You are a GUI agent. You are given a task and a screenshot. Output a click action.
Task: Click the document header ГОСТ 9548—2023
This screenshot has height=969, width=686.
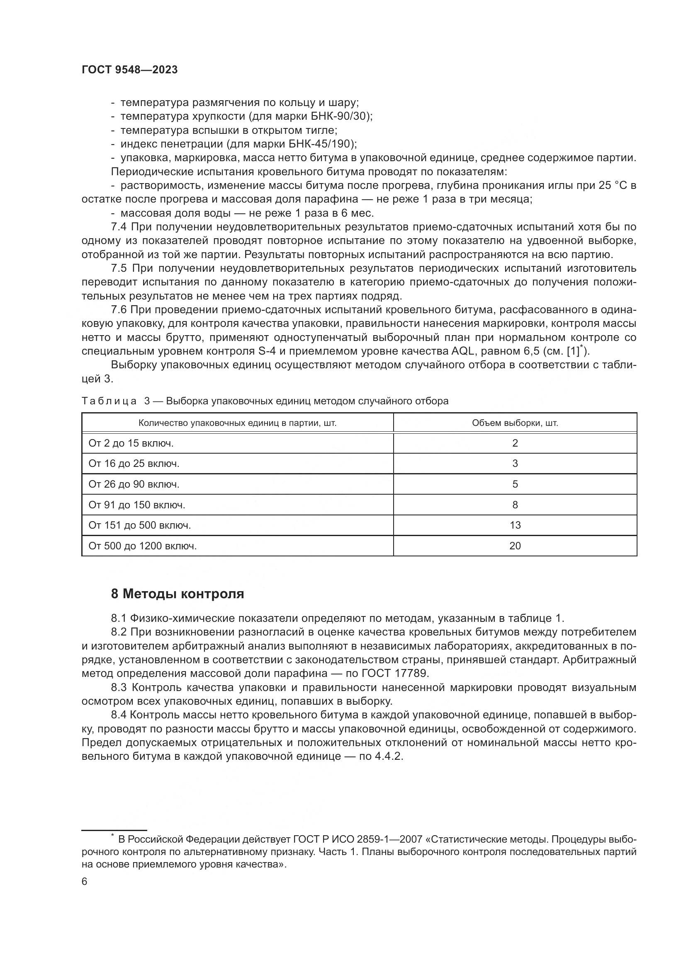129,70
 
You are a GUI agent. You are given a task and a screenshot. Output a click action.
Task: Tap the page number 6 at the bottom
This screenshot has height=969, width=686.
85,882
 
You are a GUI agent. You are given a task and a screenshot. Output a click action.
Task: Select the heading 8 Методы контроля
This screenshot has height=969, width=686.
178,594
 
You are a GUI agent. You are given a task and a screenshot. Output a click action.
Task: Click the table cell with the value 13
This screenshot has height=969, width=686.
515,525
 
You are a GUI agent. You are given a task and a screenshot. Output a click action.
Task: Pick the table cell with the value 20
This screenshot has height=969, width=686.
515,546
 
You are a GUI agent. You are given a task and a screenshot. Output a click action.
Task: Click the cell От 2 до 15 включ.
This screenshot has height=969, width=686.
131,444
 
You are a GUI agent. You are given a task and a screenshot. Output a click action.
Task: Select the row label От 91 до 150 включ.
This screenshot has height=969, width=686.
137,505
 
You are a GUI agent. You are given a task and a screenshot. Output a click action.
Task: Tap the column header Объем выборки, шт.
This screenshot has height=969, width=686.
515,423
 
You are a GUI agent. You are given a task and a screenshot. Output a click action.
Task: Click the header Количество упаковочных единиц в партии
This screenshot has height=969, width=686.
237,423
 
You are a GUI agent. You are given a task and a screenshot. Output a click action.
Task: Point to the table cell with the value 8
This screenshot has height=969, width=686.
515,505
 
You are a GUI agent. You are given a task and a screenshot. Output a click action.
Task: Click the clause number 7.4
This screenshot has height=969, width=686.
119,227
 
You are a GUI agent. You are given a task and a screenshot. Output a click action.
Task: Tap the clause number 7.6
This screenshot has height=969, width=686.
119,310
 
